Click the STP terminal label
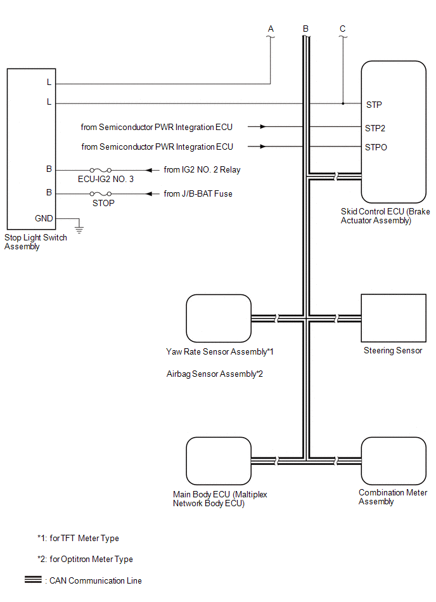373,105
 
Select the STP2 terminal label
375,128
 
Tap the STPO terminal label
376,147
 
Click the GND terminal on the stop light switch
44,218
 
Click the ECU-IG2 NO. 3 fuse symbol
101,170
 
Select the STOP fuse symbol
101,193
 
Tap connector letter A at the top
271,29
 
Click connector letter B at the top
306,29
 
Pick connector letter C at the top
343,29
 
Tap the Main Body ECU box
219,461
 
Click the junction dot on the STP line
343,103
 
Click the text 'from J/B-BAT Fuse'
198,193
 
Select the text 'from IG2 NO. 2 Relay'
202,170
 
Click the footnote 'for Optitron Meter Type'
91,559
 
